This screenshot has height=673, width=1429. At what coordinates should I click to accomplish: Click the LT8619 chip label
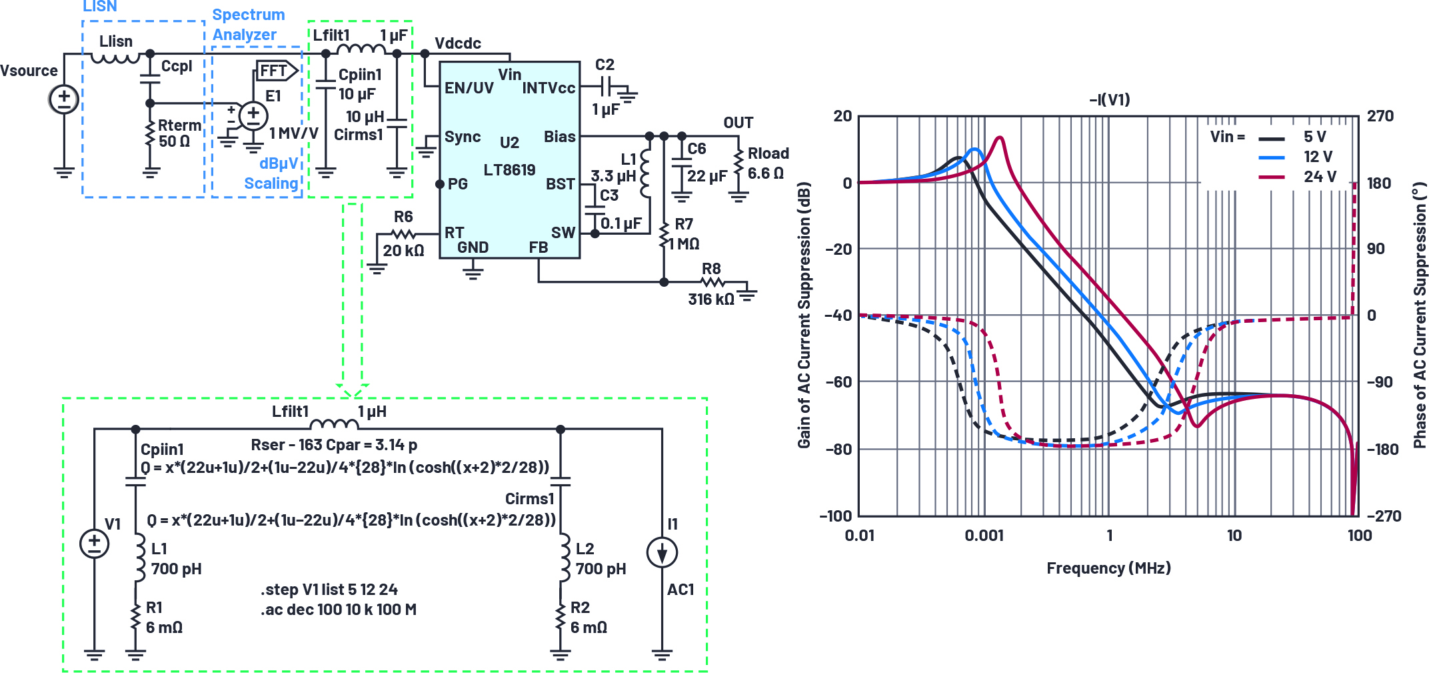(509, 170)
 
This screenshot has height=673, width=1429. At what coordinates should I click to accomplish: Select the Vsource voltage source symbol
(64, 99)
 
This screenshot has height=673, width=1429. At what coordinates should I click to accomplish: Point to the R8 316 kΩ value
(711, 299)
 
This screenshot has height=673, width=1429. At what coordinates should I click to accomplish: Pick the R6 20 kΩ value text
(403, 251)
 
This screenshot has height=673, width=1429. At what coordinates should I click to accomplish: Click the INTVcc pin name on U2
(549, 88)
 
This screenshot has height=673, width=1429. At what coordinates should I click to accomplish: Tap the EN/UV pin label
(469, 88)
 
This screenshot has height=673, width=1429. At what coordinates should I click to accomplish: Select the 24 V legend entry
(1320, 177)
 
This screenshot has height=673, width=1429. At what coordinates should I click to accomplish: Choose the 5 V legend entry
(1314, 137)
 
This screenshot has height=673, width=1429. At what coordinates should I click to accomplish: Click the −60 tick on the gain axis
(838, 382)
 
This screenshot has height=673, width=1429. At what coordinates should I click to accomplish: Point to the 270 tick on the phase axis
(1380, 116)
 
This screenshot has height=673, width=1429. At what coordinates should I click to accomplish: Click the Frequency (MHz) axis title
(1108, 568)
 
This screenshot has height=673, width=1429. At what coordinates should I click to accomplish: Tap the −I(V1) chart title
(1109, 99)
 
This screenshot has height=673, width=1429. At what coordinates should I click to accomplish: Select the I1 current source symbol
(662, 552)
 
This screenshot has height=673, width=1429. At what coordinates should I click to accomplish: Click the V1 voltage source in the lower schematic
(94, 543)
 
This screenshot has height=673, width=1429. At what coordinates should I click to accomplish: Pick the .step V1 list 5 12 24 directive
(329, 590)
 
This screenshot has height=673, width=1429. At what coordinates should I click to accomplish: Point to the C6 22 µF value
(707, 176)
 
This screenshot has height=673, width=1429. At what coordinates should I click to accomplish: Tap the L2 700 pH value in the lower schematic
(601, 569)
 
